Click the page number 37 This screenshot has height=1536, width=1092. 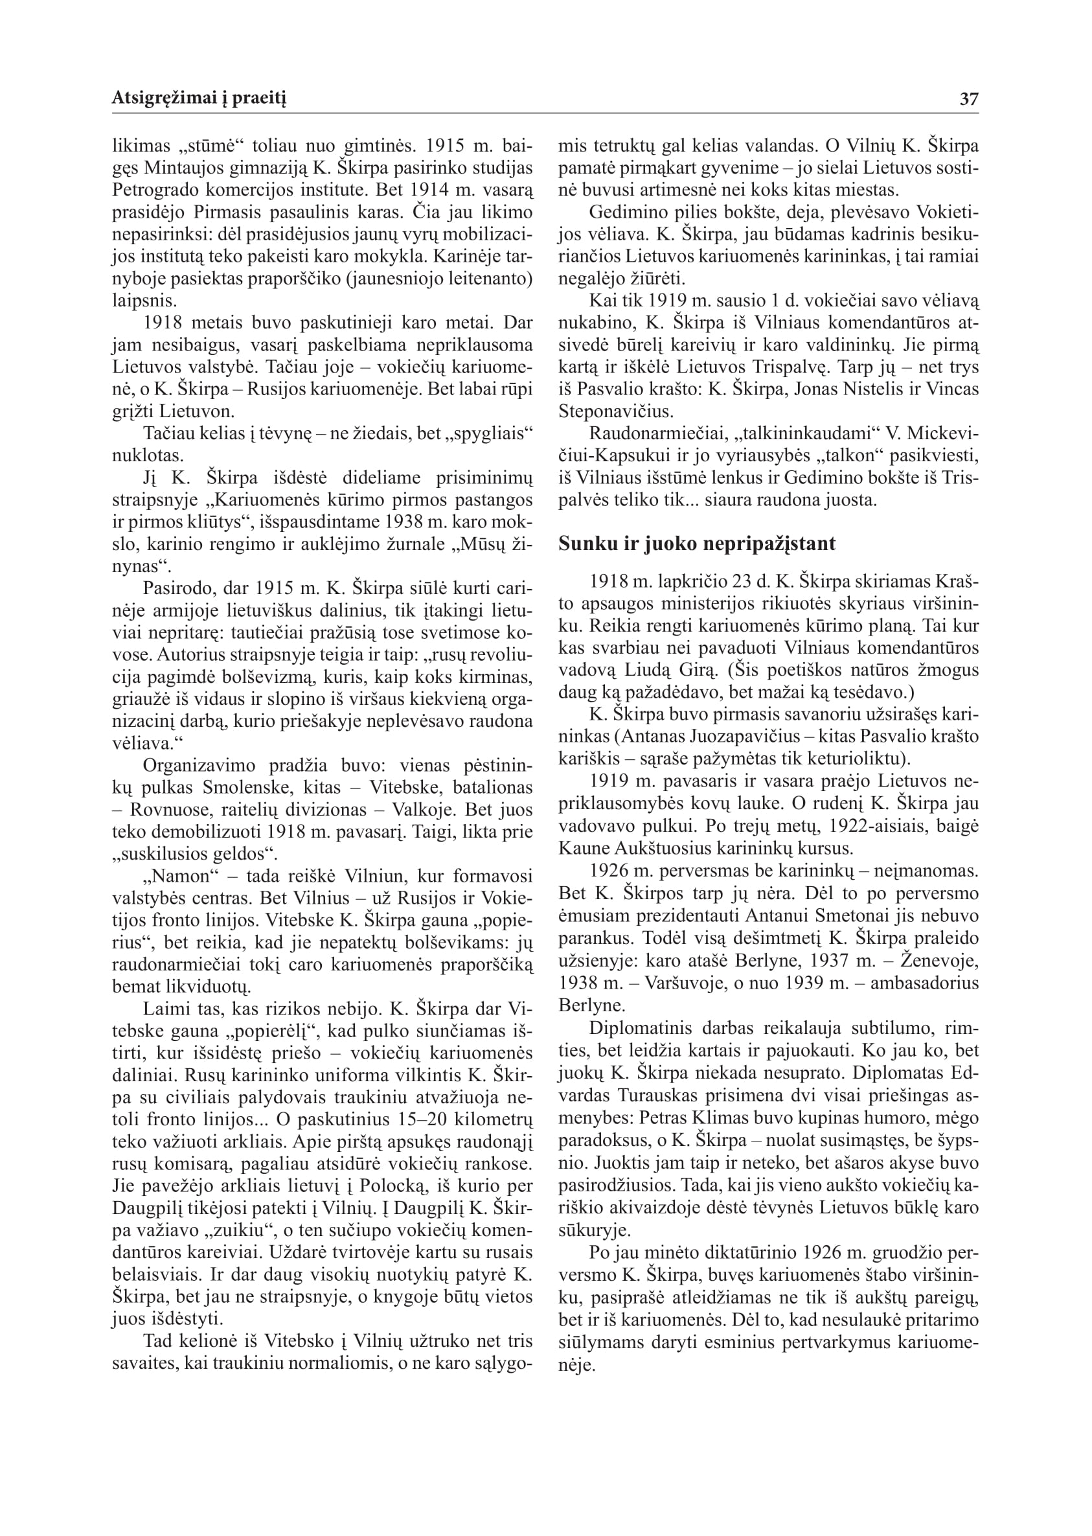click(x=969, y=100)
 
